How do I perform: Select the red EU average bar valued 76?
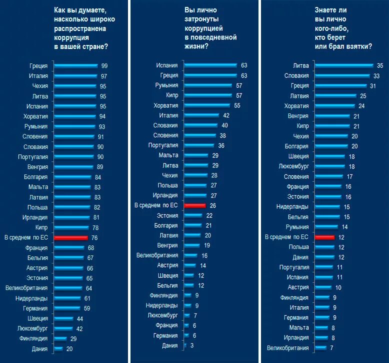tap(70, 237)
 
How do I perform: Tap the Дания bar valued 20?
tap(58, 348)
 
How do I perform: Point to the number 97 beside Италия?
tap(104, 76)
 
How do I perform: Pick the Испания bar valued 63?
tap(210, 65)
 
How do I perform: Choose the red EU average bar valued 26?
tap(195, 205)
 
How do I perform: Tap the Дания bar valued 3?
tap(185, 345)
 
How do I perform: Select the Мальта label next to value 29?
tap(168, 155)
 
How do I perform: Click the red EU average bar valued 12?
tap(324, 237)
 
